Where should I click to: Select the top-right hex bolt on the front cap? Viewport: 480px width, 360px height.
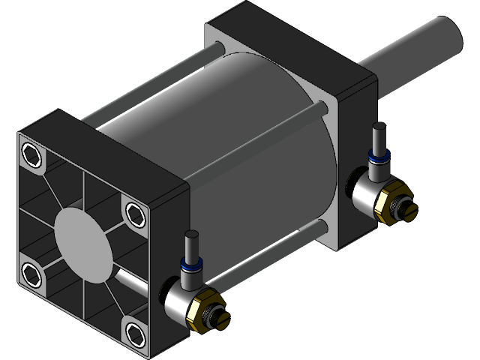133,212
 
